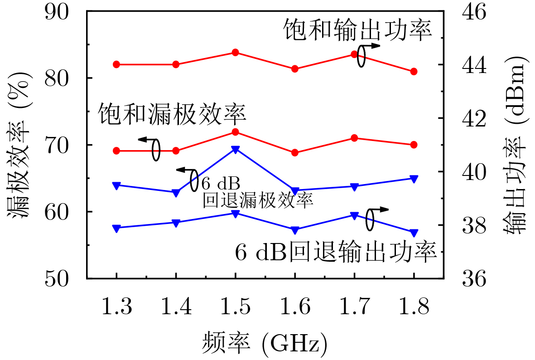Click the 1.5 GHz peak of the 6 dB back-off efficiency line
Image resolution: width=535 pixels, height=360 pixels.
235,149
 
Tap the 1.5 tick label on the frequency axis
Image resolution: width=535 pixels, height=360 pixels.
235,308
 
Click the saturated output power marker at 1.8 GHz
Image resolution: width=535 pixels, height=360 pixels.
414,72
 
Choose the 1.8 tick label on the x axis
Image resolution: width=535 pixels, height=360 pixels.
414,308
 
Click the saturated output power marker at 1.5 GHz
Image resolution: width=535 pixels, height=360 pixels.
235,53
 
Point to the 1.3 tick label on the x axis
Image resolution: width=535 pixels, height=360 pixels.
116,308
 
